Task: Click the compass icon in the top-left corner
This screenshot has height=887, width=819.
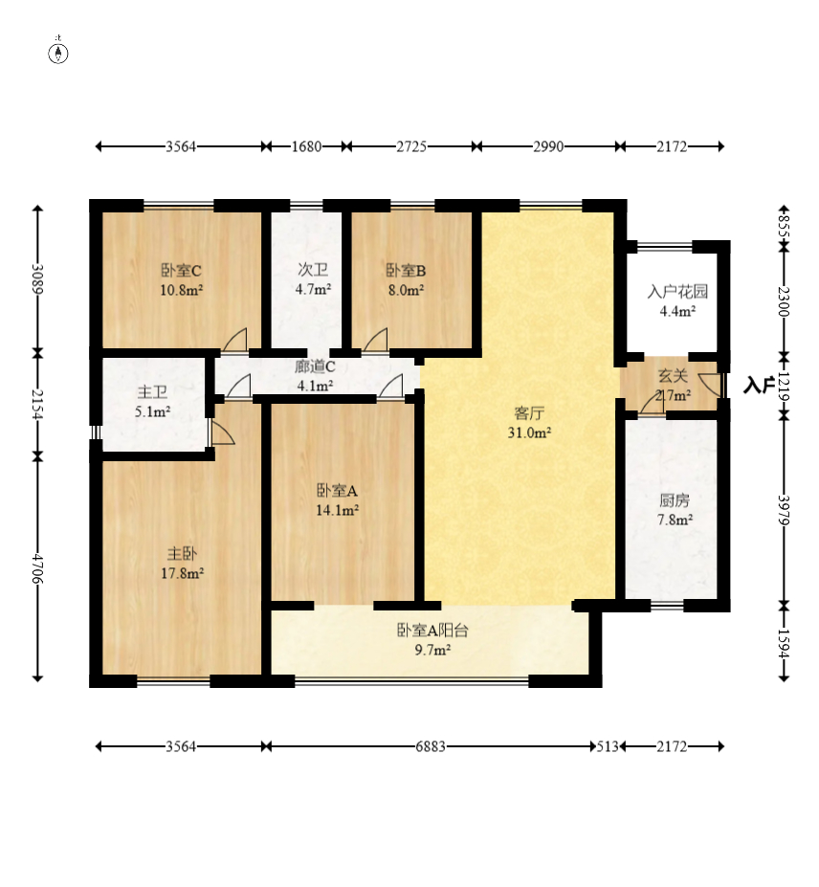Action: (x=58, y=52)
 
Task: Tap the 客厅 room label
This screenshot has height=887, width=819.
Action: (x=529, y=413)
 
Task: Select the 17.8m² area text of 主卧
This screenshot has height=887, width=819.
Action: (x=182, y=573)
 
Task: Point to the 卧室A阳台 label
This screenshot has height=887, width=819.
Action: (x=432, y=631)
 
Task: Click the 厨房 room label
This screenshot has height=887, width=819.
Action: (x=675, y=500)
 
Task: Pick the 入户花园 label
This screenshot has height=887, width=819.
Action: (x=677, y=292)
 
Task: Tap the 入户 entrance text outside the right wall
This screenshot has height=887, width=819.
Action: (x=759, y=386)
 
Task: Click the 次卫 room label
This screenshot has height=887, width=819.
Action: (x=313, y=270)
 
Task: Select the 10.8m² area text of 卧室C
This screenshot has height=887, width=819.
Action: (x=182, y=290)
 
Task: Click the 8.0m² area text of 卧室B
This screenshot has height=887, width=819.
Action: (x=406, y=290)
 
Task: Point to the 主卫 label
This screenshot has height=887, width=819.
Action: (x=153, y=391)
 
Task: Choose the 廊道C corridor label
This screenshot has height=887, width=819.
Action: (x=315, y=366)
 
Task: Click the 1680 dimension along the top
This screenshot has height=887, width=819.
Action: (x=306, y=146)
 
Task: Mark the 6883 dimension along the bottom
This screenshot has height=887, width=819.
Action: (x=431, y=746)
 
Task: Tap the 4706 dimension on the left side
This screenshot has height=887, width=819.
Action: (x=38, y=568)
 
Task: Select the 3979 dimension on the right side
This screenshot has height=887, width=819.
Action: (x=784, y=510)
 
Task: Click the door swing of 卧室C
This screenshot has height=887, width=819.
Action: (x=235, y=340)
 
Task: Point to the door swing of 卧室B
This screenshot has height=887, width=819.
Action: (x=376, y=340)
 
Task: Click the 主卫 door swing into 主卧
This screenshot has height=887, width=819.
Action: (x=222, y=431)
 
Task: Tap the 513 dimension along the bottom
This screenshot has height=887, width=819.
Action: (x=608, y=746)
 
